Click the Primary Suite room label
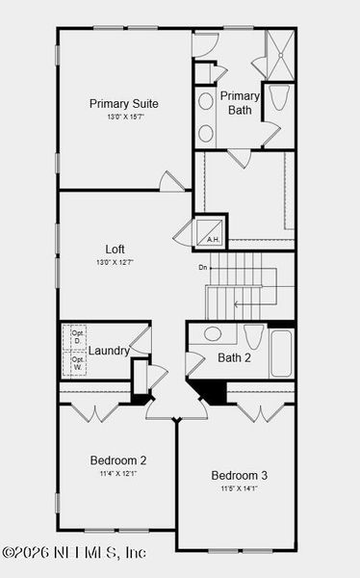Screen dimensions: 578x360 pyautogui.click(x=124, y=103)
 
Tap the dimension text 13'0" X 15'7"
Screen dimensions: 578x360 pyautogui.click(x=124, y=117)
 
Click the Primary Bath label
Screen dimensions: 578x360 pyautogui.click(x=240, y=102)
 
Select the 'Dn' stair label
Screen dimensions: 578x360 pyautogui.click(x=203, y=267)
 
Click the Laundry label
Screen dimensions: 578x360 pyautogui.click(x=109, y=351)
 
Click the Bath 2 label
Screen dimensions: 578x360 pyautogui.click(x=234, y=358)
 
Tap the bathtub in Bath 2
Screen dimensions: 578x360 pyautogui.click(x=282, y=354)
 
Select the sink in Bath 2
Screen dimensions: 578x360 pyautogui.click(x=212, y=334)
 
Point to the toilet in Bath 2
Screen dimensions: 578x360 pyautogui.click(x=254, y=337)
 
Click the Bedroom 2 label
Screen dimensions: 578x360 pyautogui.click(x=118, y=460)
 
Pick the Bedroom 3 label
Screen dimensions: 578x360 pyautogui.click(x=240, y=475)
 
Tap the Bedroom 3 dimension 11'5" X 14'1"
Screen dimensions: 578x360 pyautogui.click(x=240, y=488)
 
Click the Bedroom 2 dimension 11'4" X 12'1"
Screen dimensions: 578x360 pyautogui.click(x=118, y=473)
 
